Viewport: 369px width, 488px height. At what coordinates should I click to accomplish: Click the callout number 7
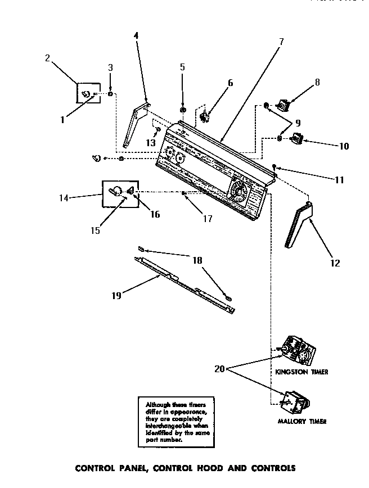[281, 41]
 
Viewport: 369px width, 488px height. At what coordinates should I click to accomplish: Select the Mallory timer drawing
[294, 402]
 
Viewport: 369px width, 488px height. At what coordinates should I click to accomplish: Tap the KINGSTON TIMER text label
[301, 372]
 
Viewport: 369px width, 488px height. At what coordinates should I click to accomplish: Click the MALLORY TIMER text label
[302, 421]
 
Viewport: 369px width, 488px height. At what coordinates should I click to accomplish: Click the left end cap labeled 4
[135, 126]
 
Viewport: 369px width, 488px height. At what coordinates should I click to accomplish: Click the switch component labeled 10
[296, 138]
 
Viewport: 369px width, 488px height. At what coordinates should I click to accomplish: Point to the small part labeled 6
[205, 117]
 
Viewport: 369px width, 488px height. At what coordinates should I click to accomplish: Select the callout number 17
[208, 219]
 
